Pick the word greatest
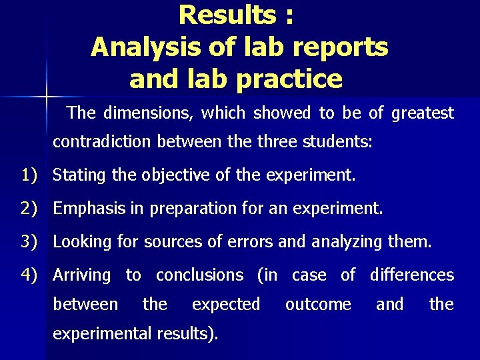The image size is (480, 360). click(x=423, y=113)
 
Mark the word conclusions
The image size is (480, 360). click(x=200, y=275)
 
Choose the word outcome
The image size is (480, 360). click(x=318, y=305)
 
